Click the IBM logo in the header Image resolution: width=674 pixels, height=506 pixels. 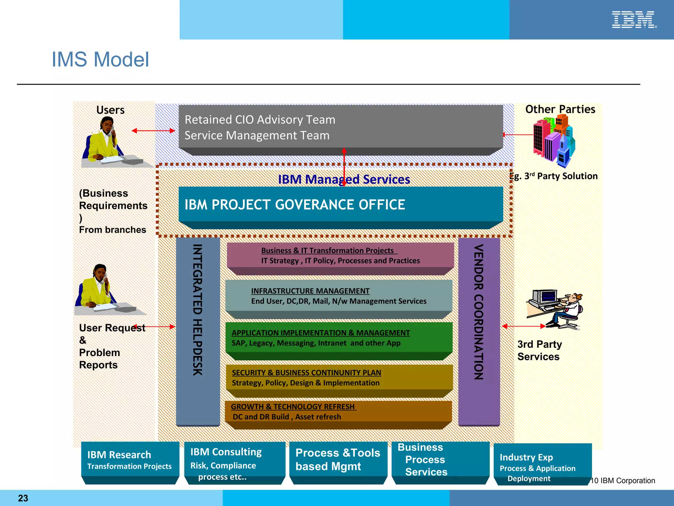pos(634,20)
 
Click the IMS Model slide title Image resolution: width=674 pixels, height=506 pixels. pos(100,60)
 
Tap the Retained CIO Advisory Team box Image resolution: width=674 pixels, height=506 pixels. pos(341,127)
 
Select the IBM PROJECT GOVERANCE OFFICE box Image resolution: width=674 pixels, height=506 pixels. pos(341,205)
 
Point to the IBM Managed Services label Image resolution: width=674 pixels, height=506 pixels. pos(344,179)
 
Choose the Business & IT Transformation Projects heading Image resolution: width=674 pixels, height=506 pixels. pos(327,250)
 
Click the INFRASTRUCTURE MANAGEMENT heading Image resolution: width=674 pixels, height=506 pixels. pos(310,291)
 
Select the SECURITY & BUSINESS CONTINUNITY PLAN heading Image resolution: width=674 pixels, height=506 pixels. pos(306,373)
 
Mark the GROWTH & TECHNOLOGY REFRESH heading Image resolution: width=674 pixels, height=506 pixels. pos(293,407)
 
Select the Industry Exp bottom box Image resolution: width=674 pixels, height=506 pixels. pos(542,463)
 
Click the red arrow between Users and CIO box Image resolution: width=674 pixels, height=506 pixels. pos(153,131)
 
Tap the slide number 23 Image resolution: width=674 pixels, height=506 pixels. pos(23,498)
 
